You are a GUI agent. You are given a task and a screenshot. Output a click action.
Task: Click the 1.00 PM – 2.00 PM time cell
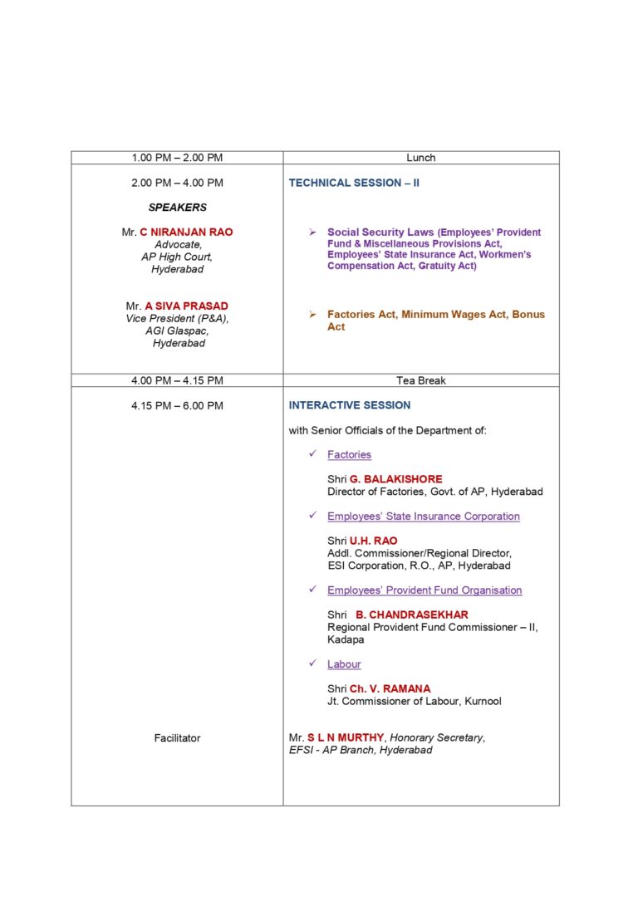(177, 158)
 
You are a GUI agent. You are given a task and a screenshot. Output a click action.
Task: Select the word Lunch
(421, 158)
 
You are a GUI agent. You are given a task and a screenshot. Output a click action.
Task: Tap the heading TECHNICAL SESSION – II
(354, 183)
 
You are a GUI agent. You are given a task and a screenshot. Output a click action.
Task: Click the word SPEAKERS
(178, 208)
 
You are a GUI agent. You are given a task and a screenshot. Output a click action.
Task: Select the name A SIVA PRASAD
(186, 306)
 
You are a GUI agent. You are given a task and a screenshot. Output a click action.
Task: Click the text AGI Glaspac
(177, 331)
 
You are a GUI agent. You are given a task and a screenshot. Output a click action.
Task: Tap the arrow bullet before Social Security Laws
(312, 233)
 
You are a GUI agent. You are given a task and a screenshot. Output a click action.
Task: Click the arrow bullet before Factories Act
(312, 315)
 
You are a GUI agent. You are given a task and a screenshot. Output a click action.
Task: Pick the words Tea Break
(421, 380)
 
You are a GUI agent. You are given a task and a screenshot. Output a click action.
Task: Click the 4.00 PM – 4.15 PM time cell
(177, 380)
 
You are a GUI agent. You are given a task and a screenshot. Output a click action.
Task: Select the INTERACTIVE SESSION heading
(350, 405)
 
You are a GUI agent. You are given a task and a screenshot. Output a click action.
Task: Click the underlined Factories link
(349, 454)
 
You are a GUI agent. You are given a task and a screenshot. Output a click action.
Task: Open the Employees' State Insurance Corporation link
(424, 517)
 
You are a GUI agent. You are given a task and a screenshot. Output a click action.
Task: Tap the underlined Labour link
(344, 664)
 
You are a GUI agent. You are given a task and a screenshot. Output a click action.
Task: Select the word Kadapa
(346, 639)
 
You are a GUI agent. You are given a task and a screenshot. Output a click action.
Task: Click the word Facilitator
(177, 737)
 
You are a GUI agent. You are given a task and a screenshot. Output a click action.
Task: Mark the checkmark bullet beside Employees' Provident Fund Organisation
(312, 590)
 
